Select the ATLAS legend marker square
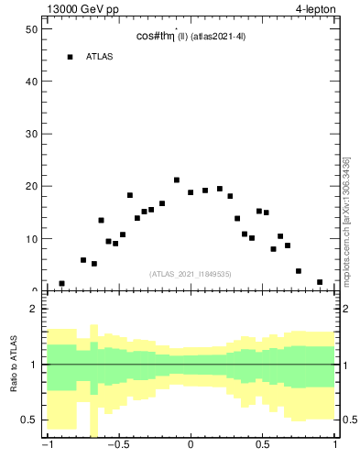click(70, 57)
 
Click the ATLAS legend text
click(100, 57)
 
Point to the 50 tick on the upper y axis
click(29, 29)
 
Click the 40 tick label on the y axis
click(29, 82)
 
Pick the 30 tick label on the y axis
click(29, 134)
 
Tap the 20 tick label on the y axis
click(29, 186)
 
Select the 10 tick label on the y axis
click(29, 239)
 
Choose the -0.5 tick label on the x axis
click(116, 447)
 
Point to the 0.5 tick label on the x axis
click(263, 447)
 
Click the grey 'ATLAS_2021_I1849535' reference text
click(191, 274)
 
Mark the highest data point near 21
click(177, 180)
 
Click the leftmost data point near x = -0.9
click(61, 284)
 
